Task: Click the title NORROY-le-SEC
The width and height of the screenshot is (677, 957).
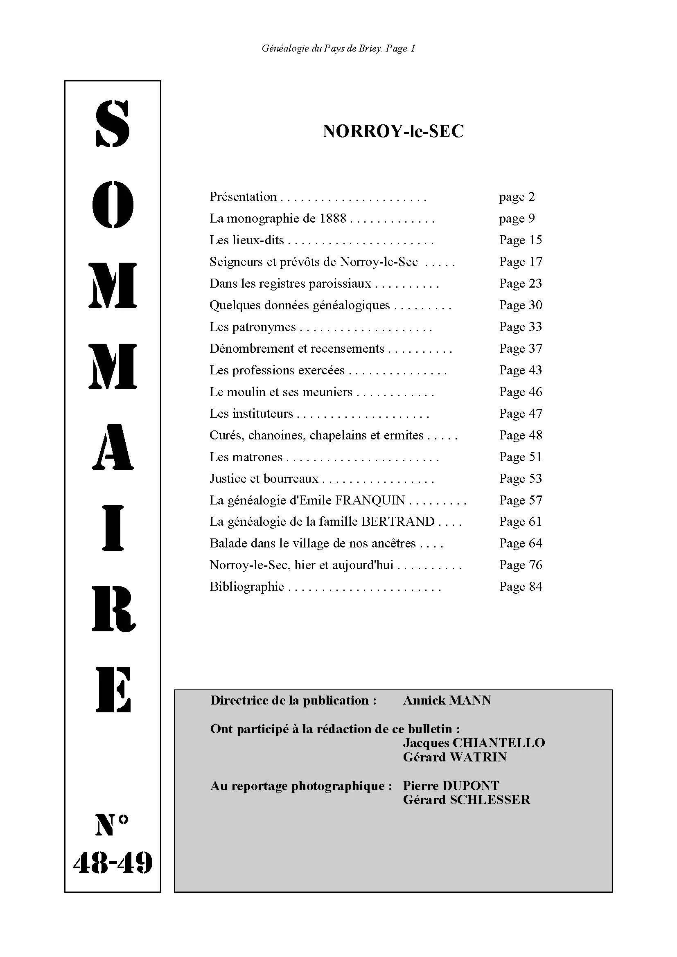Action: pyautogui.click(x=393, y=132)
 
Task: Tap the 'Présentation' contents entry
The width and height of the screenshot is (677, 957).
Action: pyautogui.click(x=243, y=197)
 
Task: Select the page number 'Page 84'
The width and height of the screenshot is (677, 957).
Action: pyautogui.click(x=521, y=586)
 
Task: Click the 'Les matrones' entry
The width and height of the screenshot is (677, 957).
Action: pyautogui.click(x=246, y=457)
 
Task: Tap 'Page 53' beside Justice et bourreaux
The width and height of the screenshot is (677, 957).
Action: pyautogui.click(x=521, y=479)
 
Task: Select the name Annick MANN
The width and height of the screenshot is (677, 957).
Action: pyautogui.click(x=447, y=700)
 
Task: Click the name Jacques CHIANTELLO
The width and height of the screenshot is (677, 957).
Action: pyautogui.click(x=474, y=743)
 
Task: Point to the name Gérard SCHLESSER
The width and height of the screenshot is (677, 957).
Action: pyautogui.click(x=466, y=799)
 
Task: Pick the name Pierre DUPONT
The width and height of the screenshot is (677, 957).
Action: pyautogui.click(x=451, y=786)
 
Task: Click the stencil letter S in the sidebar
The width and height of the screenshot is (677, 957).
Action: pyautogui.click(x=113, y=124)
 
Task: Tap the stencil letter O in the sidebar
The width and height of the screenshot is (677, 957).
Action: pyautogui.click(x=113, y=205)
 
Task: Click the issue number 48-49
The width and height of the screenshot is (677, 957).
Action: pyautogui.click(x=113, y=863)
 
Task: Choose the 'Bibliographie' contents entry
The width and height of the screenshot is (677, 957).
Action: pyautogui.click(x=247, y=586)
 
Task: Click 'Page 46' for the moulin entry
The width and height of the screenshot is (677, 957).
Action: pyautogui.click(x=521, y=392)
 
